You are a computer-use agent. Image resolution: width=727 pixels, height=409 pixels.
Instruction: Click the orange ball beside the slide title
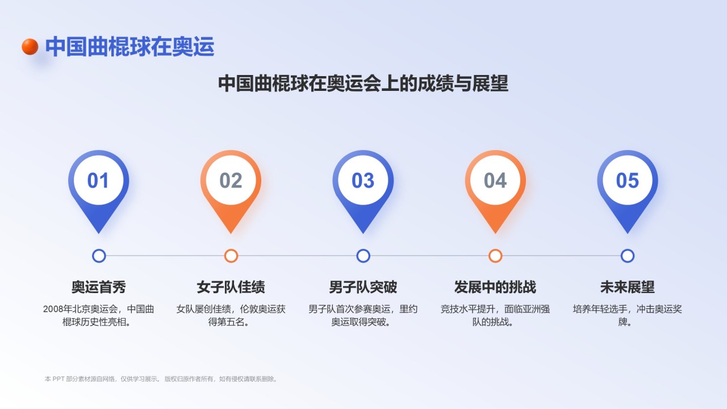pos(30,47)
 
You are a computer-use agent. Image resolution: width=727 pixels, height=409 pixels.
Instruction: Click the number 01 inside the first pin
pos(98,181)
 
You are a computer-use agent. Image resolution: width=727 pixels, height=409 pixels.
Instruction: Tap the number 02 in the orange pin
pos(231,181)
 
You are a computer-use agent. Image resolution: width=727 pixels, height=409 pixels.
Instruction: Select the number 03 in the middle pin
pos(363,181)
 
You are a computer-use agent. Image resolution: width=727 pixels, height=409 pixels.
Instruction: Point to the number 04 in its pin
pos(495,181)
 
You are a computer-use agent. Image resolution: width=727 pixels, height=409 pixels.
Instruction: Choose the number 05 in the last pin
pos(628,181)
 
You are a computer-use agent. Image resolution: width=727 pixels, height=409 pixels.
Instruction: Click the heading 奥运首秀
pos(99,287)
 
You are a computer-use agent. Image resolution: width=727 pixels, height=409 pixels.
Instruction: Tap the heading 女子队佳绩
pos(231,287)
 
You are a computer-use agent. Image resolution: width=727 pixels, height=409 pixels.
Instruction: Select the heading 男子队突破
pos(363,287)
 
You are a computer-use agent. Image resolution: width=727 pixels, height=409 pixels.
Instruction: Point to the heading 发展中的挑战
pos(495,287)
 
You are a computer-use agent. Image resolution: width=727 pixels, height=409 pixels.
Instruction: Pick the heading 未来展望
pos(628,287)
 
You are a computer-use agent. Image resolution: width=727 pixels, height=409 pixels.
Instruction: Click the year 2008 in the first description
pos(53,309)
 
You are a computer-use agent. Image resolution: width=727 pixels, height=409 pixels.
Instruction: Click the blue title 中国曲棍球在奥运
pos(129,47)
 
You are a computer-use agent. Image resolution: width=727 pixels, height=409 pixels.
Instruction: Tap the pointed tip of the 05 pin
pos(628,233)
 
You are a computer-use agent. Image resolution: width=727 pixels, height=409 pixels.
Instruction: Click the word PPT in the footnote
pos(59,379)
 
